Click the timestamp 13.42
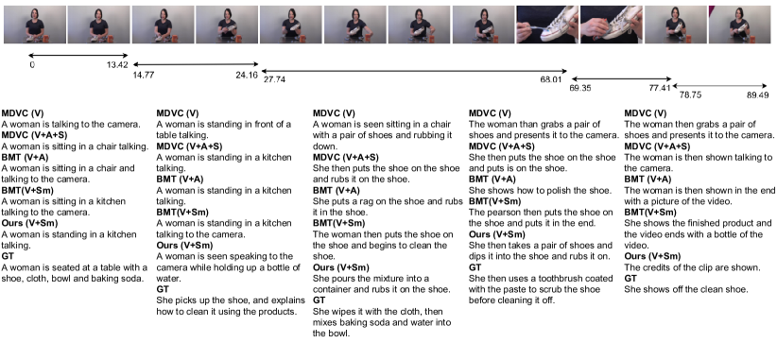pos(117,65)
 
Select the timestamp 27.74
pos(274,79)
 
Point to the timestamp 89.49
pos(758,95)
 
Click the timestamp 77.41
pos(660,88)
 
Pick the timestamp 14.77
pos(144,76)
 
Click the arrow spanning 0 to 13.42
pos(78,56)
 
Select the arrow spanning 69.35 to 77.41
pos(621,78)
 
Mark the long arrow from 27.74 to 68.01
pos(414,71)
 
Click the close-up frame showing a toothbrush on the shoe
pos(547,25)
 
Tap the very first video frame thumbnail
pos(35,25)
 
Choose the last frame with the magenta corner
pos(740,25)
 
